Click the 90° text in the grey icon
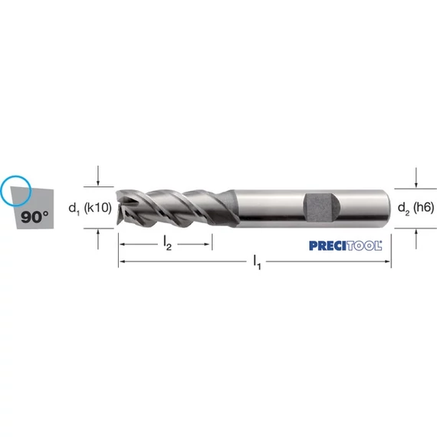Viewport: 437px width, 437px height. [34, 217]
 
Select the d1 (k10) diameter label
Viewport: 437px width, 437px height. [90, 208]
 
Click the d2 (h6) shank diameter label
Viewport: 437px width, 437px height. [416, 208]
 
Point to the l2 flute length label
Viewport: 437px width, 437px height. [167, 243]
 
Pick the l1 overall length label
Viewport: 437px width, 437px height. [257, 262]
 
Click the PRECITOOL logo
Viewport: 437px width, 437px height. [346, 245]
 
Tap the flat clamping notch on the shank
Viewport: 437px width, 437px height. [321, 208]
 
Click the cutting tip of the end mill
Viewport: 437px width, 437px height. [117, 208]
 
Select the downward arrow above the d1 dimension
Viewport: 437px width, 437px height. [98, 176]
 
